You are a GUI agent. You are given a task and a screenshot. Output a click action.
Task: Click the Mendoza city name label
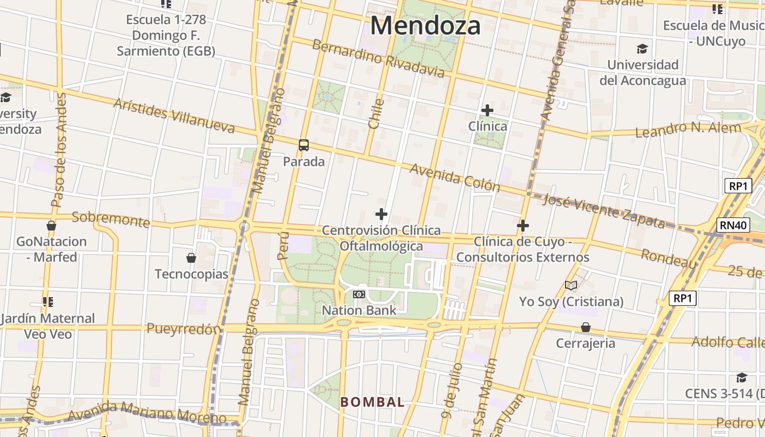(426, 26)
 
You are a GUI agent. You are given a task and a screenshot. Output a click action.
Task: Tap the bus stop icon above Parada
(304, 145)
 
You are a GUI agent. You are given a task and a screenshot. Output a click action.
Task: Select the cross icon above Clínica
(487, 110)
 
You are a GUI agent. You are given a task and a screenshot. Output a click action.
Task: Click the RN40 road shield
(733, 225)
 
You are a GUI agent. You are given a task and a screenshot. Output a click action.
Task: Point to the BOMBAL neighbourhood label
(372, 402)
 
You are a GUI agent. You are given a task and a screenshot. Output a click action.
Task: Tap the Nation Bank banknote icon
(359, 294)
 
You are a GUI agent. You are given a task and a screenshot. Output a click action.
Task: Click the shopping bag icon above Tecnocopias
(191, 257)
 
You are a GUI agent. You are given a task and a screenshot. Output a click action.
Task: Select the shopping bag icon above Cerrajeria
(586, 327)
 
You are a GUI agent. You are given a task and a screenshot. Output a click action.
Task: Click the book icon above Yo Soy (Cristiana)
(571, 285)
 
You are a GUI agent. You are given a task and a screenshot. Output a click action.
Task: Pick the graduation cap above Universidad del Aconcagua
(642, 49)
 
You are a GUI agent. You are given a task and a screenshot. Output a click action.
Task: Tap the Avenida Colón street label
(455, 177)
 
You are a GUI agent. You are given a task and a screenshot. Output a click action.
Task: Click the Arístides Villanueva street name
(174, 115)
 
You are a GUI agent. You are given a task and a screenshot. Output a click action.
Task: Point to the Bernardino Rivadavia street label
(378, 58)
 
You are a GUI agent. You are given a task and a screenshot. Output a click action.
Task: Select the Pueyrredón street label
(184, 329)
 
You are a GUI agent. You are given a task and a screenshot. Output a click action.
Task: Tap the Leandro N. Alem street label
(688, 129)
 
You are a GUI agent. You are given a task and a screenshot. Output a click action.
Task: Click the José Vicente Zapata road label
(604, 210)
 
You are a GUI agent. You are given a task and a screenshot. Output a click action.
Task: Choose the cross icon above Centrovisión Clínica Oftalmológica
(381, 214)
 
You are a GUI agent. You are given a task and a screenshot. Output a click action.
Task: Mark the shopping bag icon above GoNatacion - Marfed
(51, 225)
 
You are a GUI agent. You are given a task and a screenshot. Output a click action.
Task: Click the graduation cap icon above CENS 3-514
(742, 378)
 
